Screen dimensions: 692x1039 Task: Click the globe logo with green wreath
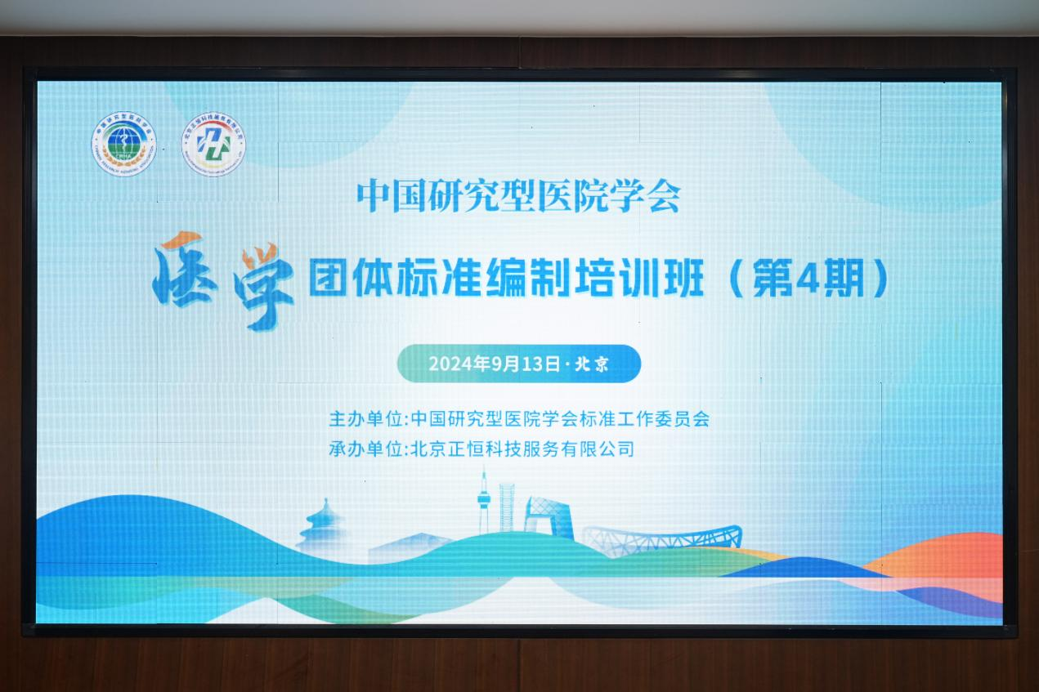coord(122,145)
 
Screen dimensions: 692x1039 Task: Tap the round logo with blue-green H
coord(213,144)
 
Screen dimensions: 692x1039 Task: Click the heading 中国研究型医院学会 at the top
coord(518,196)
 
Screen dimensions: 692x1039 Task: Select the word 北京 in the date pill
coord(593,364)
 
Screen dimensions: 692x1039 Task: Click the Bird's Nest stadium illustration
coord(663,538)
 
